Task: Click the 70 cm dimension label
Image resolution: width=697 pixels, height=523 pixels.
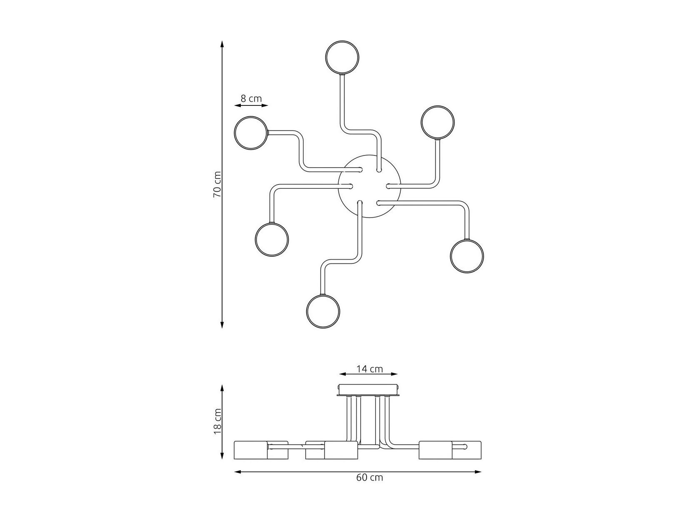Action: tap(217, 184)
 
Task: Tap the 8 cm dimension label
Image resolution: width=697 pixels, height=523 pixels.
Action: tap(251, 98)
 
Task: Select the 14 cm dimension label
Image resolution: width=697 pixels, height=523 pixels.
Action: tap(370, 369)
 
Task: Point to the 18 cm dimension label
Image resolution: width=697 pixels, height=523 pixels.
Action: tap(217, 421)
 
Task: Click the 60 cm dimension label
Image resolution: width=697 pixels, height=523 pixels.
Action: tap(370, 486)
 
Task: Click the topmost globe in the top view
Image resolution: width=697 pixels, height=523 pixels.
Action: tap(342, 41)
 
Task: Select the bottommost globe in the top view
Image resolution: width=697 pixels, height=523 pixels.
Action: tap(323, 295)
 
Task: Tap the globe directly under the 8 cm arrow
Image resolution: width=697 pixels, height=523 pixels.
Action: tap(251, 117)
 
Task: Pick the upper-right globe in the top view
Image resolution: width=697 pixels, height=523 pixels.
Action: tap(437, 106)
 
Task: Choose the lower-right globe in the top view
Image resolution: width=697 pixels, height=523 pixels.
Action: tap(467, 240)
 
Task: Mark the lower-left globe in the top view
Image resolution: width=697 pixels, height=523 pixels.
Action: tap(272, 223)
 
